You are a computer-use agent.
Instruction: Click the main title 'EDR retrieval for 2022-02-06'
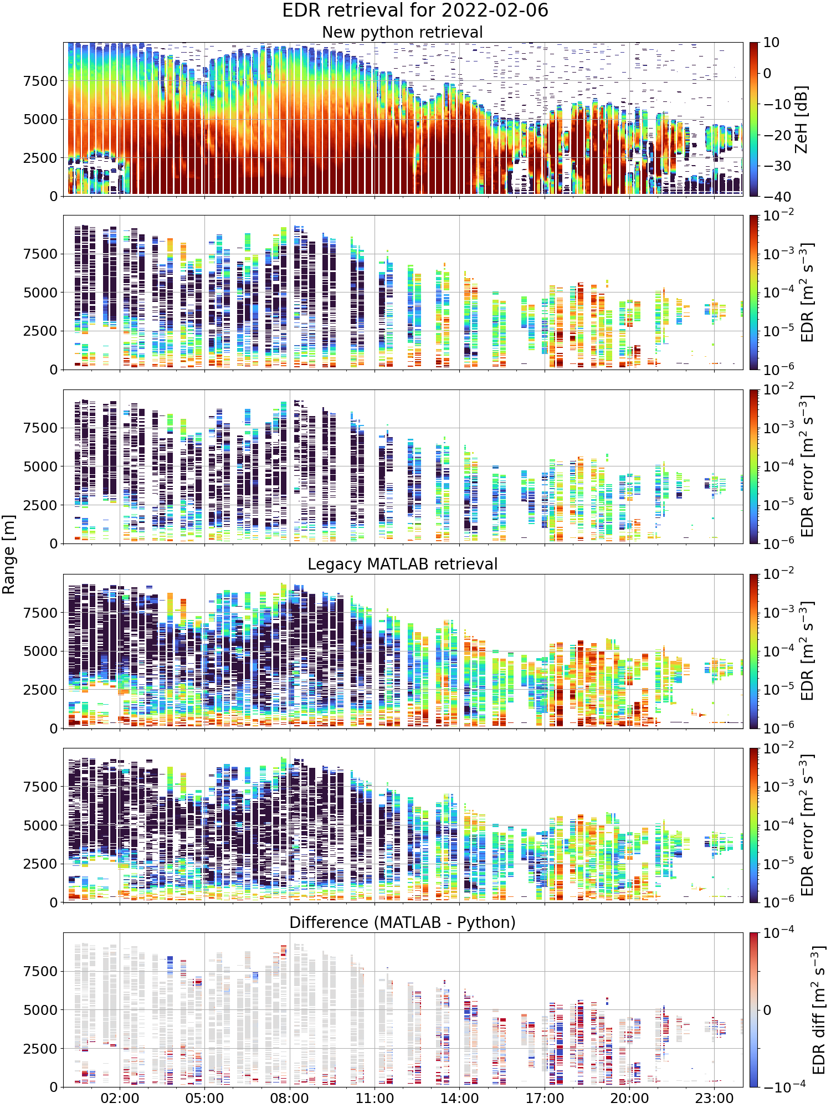click(x=415, y=11)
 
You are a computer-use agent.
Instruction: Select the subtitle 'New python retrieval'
click(x=402, y=32)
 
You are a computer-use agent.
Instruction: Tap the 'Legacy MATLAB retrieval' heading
click(x=402, y=564)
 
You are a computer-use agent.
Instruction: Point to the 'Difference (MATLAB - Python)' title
click(x=402, y=922)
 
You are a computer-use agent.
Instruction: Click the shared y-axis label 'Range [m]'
click(x=8, y=555)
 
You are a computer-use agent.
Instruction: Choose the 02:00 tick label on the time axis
click(x=120, y=1098)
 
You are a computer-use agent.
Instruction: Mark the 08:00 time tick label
click(x=289, y=1098)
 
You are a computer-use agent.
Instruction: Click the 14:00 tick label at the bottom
click(x=459, y=1098)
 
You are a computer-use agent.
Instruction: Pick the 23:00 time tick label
click(x=714, y=1098)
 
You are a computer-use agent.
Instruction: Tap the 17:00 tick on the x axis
click(x=544, y=1098)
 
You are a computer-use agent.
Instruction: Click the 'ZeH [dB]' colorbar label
click(x=802, y=119)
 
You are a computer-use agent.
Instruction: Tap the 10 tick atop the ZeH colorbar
click(x=771, y=43)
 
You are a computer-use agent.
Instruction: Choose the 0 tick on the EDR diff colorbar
click(x=767, y=1010)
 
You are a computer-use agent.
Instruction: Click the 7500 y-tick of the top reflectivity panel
click(x=40, y=81)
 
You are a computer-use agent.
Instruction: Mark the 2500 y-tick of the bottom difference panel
click(x=40, y=1049)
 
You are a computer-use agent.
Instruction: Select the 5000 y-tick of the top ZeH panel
click(x=40, y=119)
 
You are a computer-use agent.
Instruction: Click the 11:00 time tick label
click(x=375, y=1098)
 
